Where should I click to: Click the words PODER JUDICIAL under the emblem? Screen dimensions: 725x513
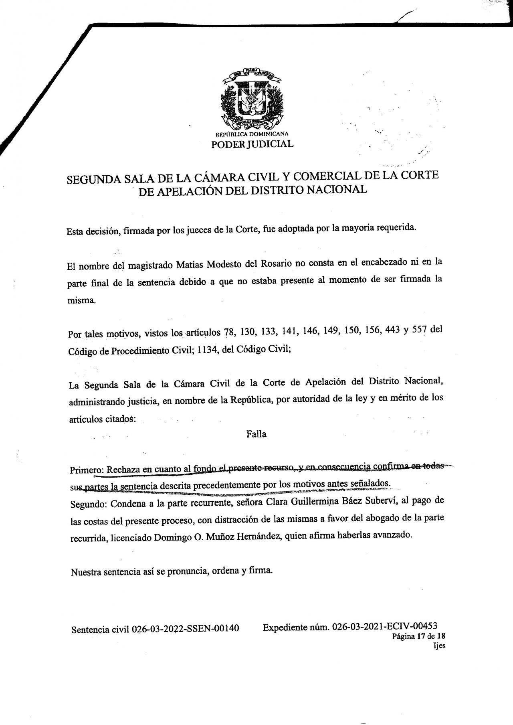click(252, 144)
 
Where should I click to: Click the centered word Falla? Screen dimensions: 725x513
click(256, 434)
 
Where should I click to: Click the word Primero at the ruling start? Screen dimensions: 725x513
click(87, 470)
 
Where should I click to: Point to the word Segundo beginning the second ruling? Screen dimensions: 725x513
click(89, 504)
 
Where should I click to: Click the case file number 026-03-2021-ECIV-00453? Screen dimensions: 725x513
click(385, 626)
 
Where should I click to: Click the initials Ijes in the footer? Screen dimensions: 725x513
click(439, 646)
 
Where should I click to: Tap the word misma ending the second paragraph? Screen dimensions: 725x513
click(81, 300)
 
